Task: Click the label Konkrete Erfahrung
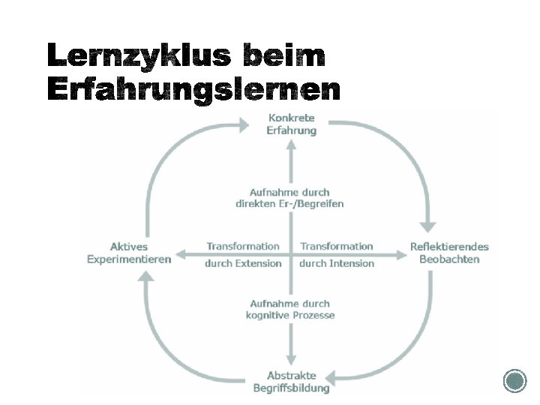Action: [x=291, y=124]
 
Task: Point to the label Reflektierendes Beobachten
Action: [x=449, y=253]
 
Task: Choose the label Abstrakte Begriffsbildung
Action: [x=291, y=382]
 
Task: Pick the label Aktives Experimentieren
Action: [x=129, y=253]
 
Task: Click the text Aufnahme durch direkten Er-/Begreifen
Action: [x=289, y=198]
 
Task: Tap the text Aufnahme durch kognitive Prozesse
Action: [x=290, y=310]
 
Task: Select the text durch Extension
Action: [x=243, y=263]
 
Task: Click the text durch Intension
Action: [x=336, y=263]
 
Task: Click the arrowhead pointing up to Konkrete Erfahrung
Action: [x=291, y=145]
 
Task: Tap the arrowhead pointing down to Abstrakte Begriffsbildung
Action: [x=291, y=360]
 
